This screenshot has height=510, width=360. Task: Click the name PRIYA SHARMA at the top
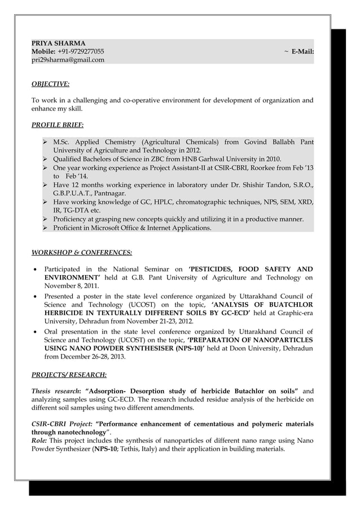tap(58, 43)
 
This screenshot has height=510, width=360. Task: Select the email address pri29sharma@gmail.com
tap(68, 59)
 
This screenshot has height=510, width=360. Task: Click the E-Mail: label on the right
tap(302, 51)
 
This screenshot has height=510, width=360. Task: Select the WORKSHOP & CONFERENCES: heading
tap(82, 252)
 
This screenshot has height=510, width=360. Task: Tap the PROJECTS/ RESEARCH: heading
tap(68, 374)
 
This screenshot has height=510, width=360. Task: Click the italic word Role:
tap(39, 441)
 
